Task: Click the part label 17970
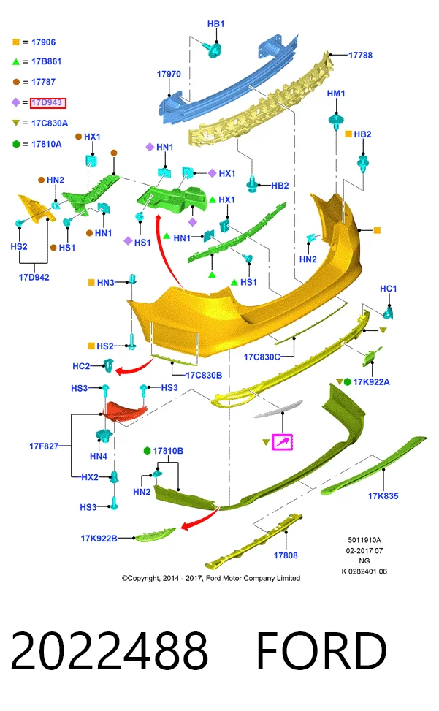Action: point(169,74)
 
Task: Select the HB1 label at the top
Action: point(215,24)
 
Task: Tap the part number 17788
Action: point(360,56)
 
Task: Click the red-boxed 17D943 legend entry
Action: point(48,103)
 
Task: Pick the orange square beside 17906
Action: point(16,42)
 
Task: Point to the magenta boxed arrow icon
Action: point(282,441)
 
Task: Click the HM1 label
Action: point(336,94)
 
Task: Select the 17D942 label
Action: point(34,277)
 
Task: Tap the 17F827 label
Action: point(44,446)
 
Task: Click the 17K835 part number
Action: point(383,496)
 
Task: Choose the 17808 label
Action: point(286,555)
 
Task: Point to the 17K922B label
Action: point(99,539)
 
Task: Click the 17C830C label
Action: point(262,357)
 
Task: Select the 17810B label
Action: point(168,451)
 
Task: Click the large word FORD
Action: point(321,650)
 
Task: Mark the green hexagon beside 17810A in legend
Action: point(16,144)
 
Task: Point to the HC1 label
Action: point(388,289)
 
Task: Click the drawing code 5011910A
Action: point(364,540)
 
